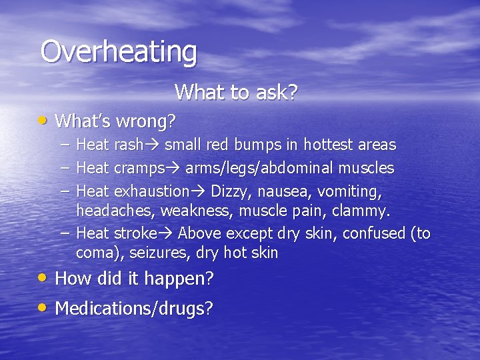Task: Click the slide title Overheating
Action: pyautogui.click(x=119, y=51)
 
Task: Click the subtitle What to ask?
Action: pyautogui.click(x=235, y=92)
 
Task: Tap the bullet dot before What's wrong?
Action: pyautogui.click(x=43, y=120)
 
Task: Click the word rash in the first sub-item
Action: pyautogui.click(x=124, y=145)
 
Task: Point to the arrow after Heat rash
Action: pyautogui.click(x=154, y=145)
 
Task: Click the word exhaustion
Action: pyautogui.click(x=151, y=191)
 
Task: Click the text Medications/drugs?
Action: pyautogui.click(x=134, y=308)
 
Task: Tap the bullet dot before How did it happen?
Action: pyautogui.click(x=43, y=277)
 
